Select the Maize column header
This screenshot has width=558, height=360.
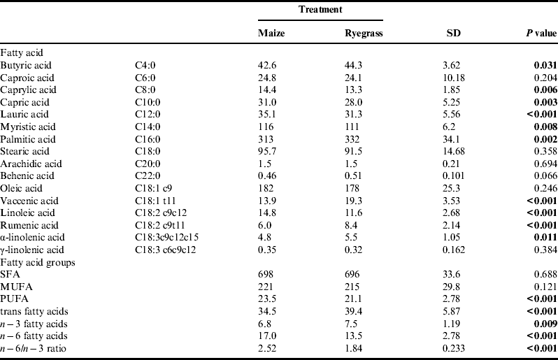point(271,34)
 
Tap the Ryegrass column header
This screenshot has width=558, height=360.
point(363,34)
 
